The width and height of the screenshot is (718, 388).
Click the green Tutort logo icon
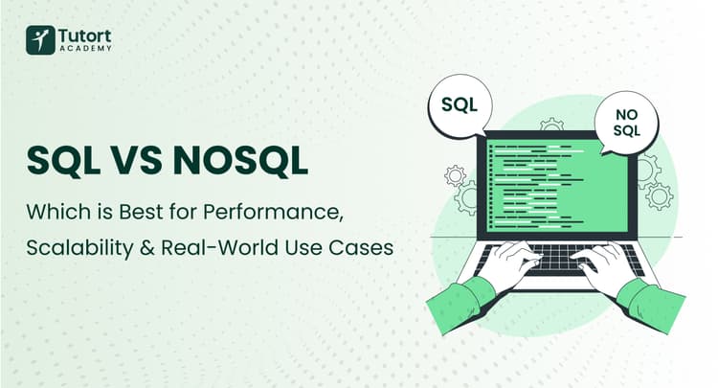pos(40,39)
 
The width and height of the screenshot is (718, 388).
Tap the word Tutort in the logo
pos(84,34)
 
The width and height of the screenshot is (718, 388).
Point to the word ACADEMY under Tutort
pos(84,49)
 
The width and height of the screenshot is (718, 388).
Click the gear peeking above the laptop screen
pos(552,125)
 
